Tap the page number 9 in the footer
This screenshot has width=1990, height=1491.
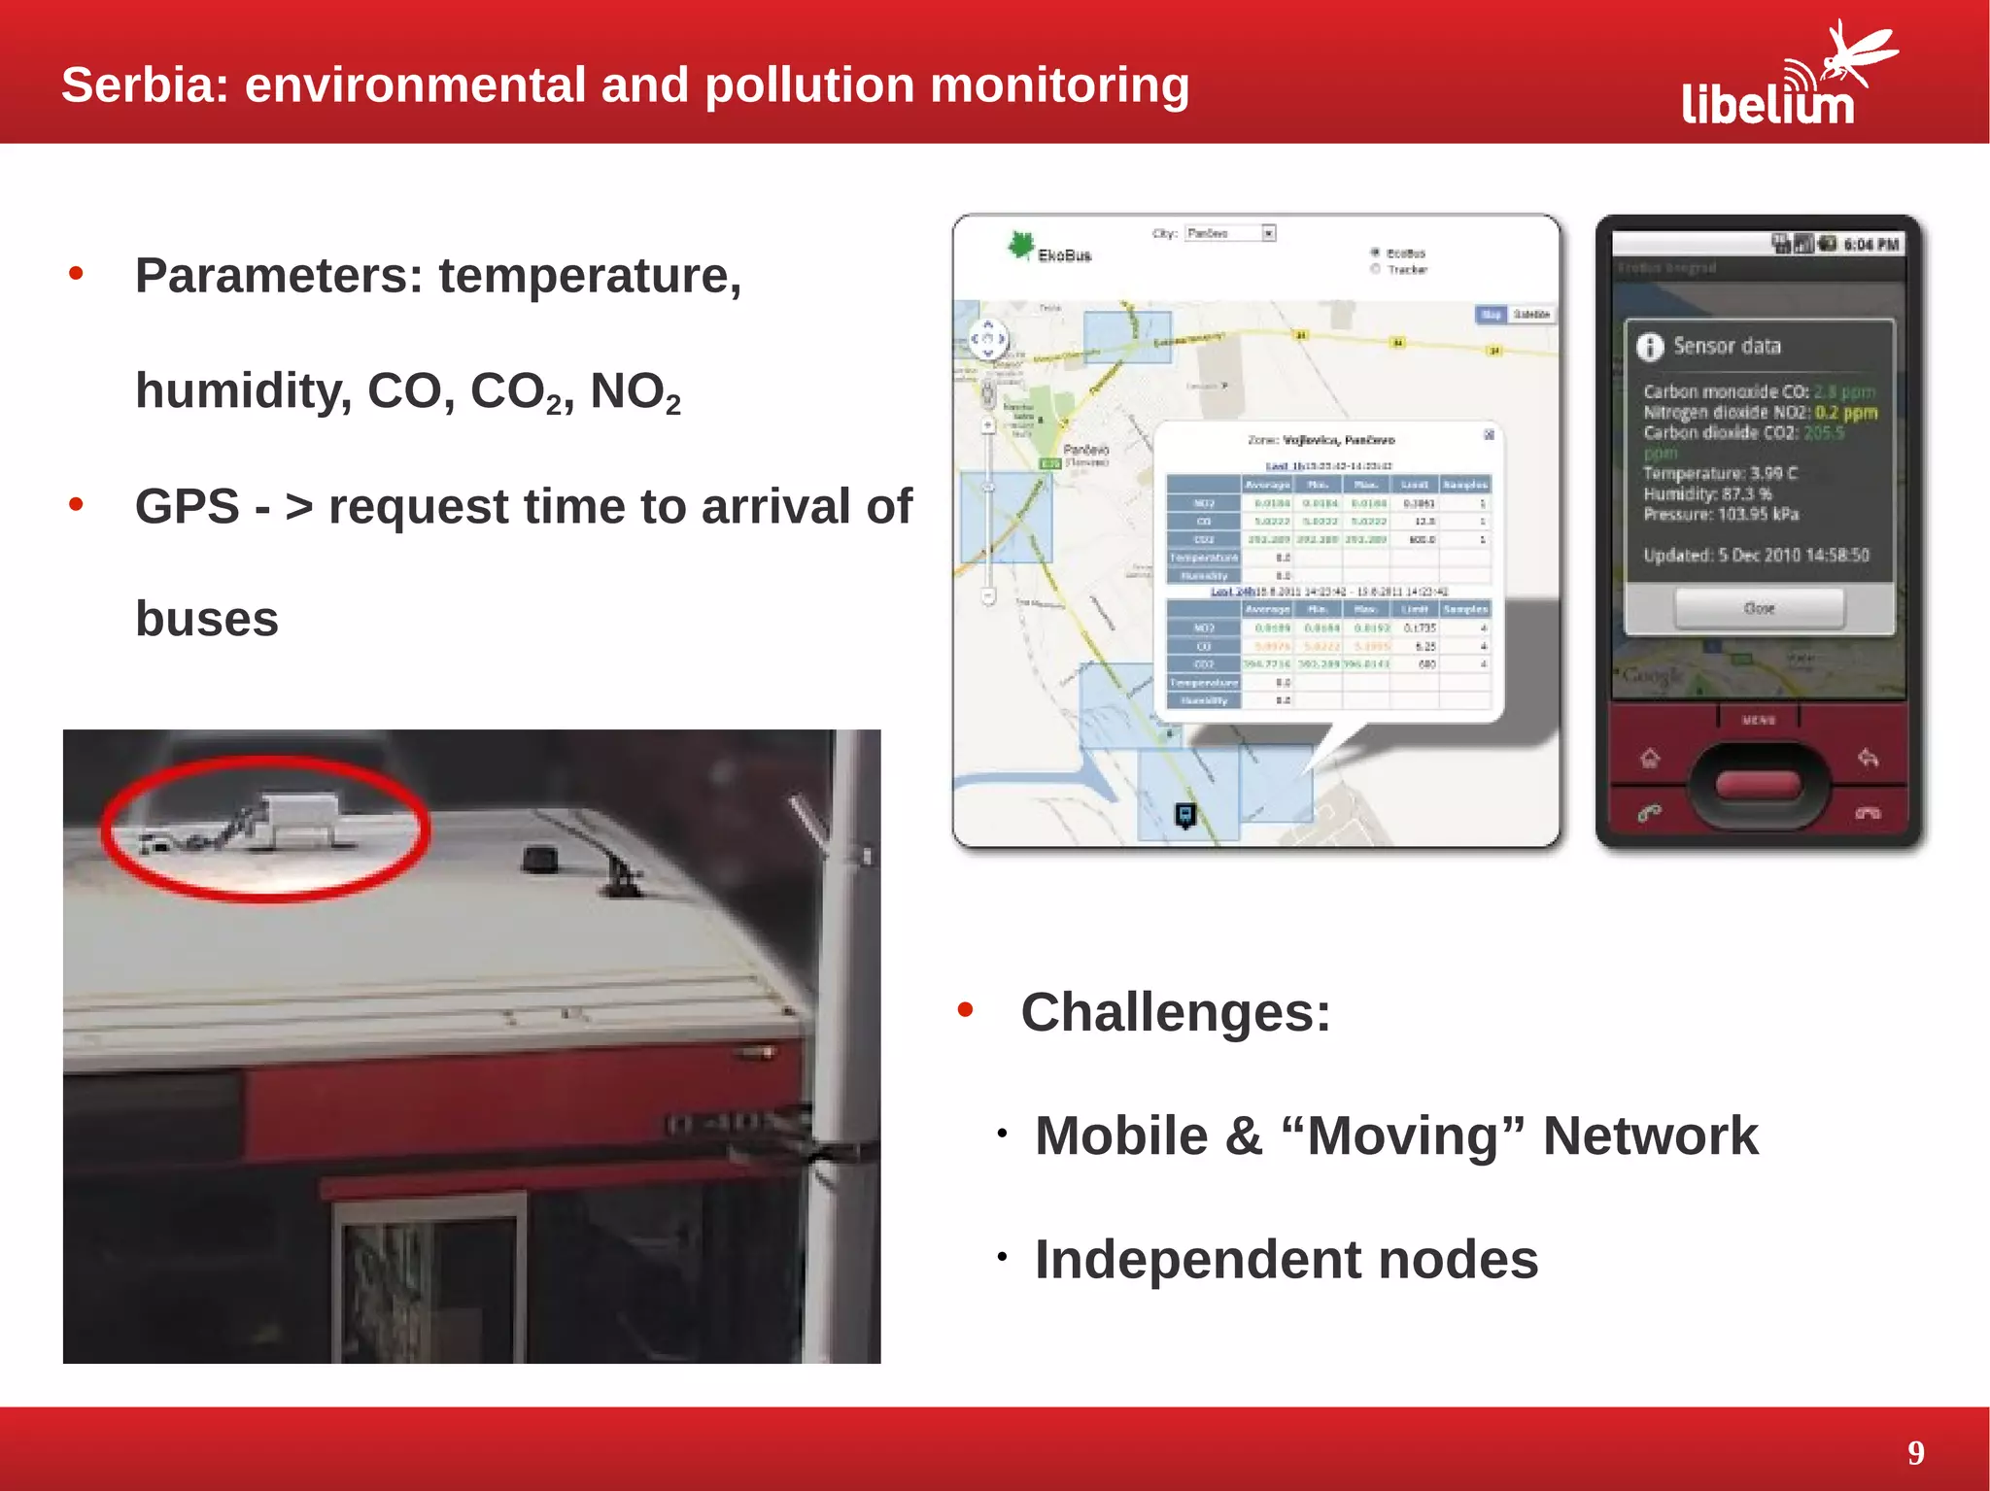[x=1915, y=1452]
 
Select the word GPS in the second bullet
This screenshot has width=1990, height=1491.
[x=187, y=506]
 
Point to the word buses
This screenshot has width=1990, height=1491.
[x=207, y=619]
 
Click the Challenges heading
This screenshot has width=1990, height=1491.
[x=1175, y=1012]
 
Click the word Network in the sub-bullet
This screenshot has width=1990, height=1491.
[x=1650, y=1135]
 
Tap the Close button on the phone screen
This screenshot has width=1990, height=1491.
[x=1759, y=609]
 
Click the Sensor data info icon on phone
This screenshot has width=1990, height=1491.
[x=1650, y=347]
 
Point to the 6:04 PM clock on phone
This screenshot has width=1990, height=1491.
[x=1870, y=245]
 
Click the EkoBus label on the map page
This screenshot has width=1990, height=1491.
[x=1064, y=255]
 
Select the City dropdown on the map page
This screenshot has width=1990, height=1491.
[x=1229, y=233]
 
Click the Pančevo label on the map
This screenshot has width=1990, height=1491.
[x=1085, y=450]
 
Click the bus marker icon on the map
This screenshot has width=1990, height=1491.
[x=1185, y=815]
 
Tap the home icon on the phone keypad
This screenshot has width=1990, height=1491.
[x=1650, y=758]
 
